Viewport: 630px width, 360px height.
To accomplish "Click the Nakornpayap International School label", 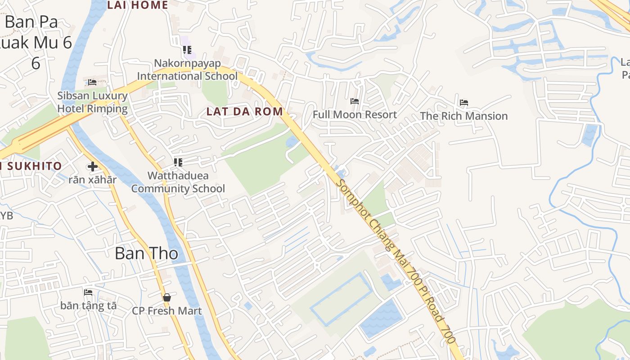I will click(x=187, y=69).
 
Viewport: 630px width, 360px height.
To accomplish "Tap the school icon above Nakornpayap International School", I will click(x=187, y=49).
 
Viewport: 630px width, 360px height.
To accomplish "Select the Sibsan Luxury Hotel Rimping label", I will click(x=92, y=102).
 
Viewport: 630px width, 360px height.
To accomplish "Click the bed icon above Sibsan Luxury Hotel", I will click(x=92, y=82).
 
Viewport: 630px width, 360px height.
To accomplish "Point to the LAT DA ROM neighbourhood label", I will click(x=245, y=112).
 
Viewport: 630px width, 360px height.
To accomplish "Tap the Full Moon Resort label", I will click(x=355, y=115).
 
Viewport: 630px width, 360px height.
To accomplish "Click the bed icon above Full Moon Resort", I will click(x=355, y=101).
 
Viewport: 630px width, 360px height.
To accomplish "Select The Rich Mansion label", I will click(x=463, y=116).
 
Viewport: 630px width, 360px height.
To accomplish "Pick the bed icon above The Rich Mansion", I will click(x=464, y=103).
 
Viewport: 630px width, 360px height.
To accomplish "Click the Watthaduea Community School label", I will click(x=178, y=182).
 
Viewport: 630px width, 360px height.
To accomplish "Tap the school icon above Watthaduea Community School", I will click(x=178, y=162).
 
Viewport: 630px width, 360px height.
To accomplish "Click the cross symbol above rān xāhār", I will click(x=92, y=166).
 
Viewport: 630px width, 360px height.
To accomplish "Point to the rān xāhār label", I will click(x=92, y=180).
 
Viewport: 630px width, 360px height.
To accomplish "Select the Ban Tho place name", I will click(x=146, y=253).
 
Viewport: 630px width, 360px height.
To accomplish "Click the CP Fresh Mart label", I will click(x=167, y=311).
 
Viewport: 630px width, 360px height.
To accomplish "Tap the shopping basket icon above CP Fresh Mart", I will click(x=167, y=297).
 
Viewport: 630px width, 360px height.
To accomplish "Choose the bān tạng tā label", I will click(x=88, y=306).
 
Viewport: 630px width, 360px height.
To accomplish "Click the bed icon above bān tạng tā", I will click(x=88, y=292).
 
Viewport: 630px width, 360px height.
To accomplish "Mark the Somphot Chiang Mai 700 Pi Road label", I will click(x=396, y=261).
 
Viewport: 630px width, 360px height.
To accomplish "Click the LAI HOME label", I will click(x=138, y=5).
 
